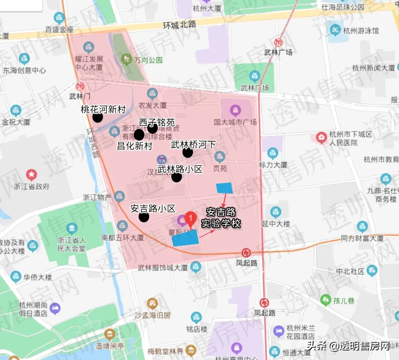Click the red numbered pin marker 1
click(191, 219)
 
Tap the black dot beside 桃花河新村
click(98, 117)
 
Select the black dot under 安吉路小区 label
click(143, 217)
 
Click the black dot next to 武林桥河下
click(188, 153)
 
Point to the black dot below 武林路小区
click(177, 177)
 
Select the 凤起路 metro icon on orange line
click(246, 252)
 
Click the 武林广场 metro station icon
click(278, 42)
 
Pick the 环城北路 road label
click(180, 25)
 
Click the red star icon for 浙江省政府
click(32, 173)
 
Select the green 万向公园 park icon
click(127, 60)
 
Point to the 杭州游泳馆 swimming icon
click(335, 30)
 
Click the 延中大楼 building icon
click(276, 211)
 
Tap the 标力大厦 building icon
click(273, 153)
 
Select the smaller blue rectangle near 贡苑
click(224, 188)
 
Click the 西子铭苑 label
click(156, 122)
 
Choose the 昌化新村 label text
click(135, 145)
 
